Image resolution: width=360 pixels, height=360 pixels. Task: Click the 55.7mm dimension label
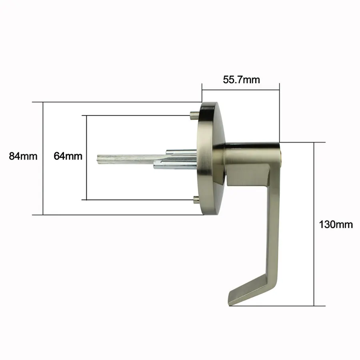241,80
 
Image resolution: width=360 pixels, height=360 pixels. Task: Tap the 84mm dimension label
23,156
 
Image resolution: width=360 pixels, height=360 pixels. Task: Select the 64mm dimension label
68,156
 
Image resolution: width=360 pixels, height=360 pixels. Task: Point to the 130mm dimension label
336,224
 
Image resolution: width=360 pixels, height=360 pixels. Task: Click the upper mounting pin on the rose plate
194,115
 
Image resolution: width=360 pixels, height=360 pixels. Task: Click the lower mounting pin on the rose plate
196,200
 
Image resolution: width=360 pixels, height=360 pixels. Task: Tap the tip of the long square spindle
97,160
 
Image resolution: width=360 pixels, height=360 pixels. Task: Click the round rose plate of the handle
210,158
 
